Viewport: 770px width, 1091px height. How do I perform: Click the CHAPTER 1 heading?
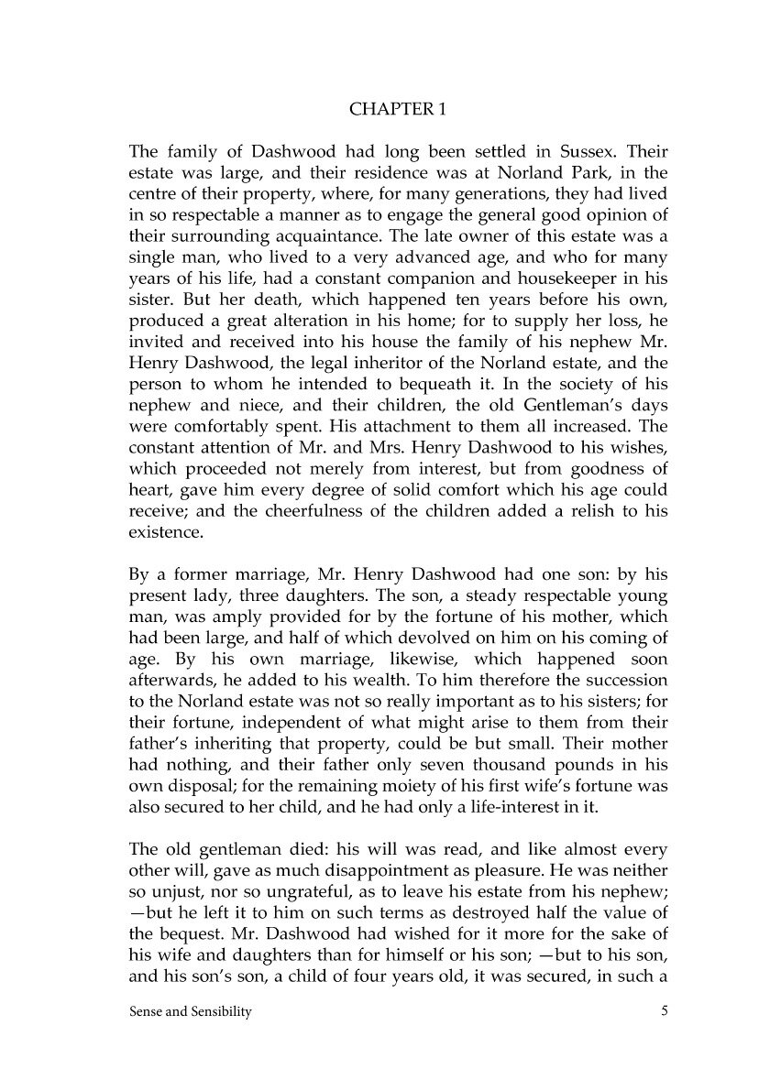(x=397, y=110)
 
